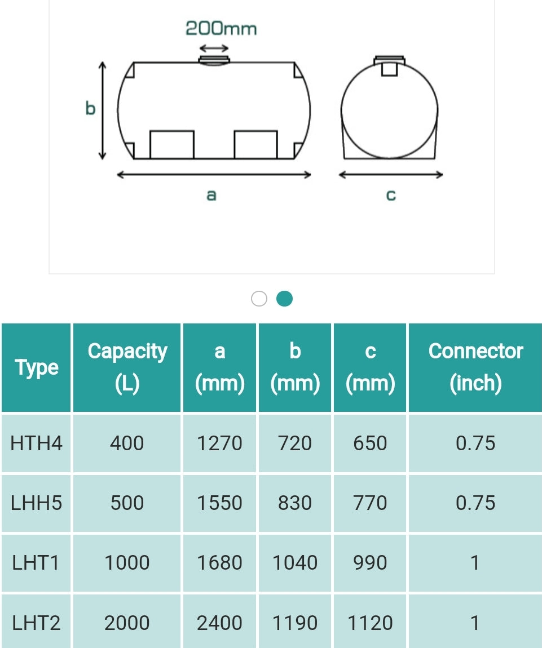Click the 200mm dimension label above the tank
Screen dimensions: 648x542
(221, 28)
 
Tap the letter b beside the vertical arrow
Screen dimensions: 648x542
(90, 108)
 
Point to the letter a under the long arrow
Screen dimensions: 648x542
(211, 195)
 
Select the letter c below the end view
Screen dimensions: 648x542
(391, 195)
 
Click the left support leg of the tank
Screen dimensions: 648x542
(172, 145)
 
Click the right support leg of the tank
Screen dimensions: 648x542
(255, 145)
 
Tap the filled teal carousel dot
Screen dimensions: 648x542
(284, 299)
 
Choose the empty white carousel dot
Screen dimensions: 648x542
(259, 299)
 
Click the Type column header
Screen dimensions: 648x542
(37, 367)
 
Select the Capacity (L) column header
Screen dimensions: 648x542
(127, 367)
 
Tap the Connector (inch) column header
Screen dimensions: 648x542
(475, 367)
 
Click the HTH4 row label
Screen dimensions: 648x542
(37, 443)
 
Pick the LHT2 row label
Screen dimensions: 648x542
(37, 623)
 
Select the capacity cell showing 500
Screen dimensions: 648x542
(127, 503)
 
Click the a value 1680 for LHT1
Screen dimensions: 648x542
(219, 563)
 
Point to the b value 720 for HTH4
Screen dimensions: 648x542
(295, 443)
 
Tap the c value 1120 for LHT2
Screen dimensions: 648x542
(370, 623)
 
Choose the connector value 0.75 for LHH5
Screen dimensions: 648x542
(475, 503)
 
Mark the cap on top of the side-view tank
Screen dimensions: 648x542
(214, 60)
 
